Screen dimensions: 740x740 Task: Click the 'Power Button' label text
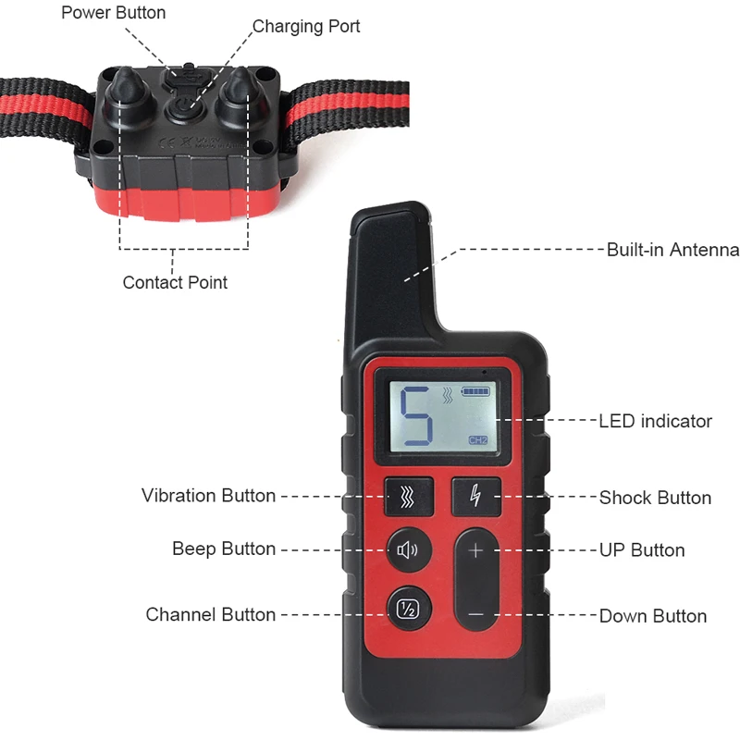pyautogui.click(x=113, y=13)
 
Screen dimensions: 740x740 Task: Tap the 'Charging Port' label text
pyautogui.click(x=306, y=27)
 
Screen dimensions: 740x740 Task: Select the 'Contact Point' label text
pyautogui.click(x=175, y=282)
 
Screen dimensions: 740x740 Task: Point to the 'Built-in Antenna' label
pyautogui.click(x=672, y=250)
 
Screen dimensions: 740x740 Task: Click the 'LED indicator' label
pyautogui.click(x=655, y=421)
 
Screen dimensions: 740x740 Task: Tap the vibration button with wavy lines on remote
pyautogui.click(x=409, y=497)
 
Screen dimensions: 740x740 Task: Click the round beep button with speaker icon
pyautogui.click(x=409, y=550)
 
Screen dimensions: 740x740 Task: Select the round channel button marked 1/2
pyautogui.click(x=409, y=609)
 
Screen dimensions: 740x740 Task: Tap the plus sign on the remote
pyautogui.click(x=475, y=550)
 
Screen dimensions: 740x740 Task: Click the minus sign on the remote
pyautogui.click(x=476, y=614)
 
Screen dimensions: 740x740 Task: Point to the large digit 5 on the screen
pyautogui.click(x=416, y=415)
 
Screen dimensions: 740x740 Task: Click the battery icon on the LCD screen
pyautogui.click(x=475, y=391)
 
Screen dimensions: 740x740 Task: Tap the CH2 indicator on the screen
pyautogui.click(x=477, y=440)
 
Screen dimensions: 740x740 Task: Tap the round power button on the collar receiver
pyautogui.click(x=184, y=110)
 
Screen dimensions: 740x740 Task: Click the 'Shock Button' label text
pyautogui.click(x=655, y=498)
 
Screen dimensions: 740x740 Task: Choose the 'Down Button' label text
pyautogui.click(x=653, y=616)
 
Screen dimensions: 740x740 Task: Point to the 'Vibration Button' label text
pyautogui.click(x=209, y=496)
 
